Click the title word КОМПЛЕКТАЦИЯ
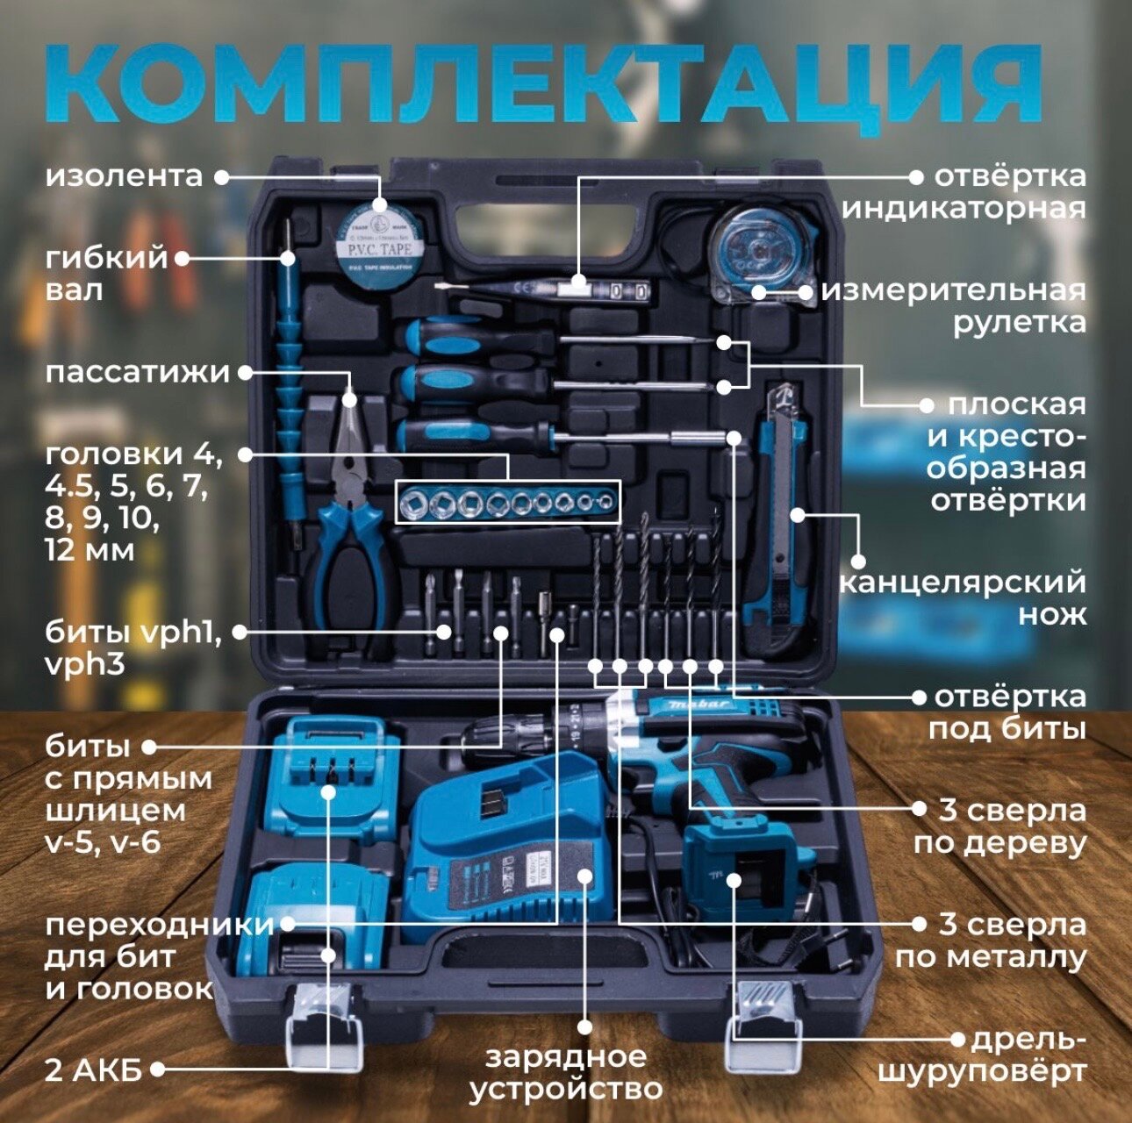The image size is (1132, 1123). (544, 83)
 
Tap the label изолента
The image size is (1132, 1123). (124, 175)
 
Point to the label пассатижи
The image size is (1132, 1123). (137, 372)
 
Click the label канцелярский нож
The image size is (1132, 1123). (963, 597)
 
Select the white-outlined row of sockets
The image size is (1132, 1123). (507, 503)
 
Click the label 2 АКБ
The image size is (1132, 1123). (94, 1070)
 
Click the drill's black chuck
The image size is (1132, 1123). (500, 741)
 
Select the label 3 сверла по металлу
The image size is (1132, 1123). (992, 941)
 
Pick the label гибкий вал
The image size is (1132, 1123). (106, 273)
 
